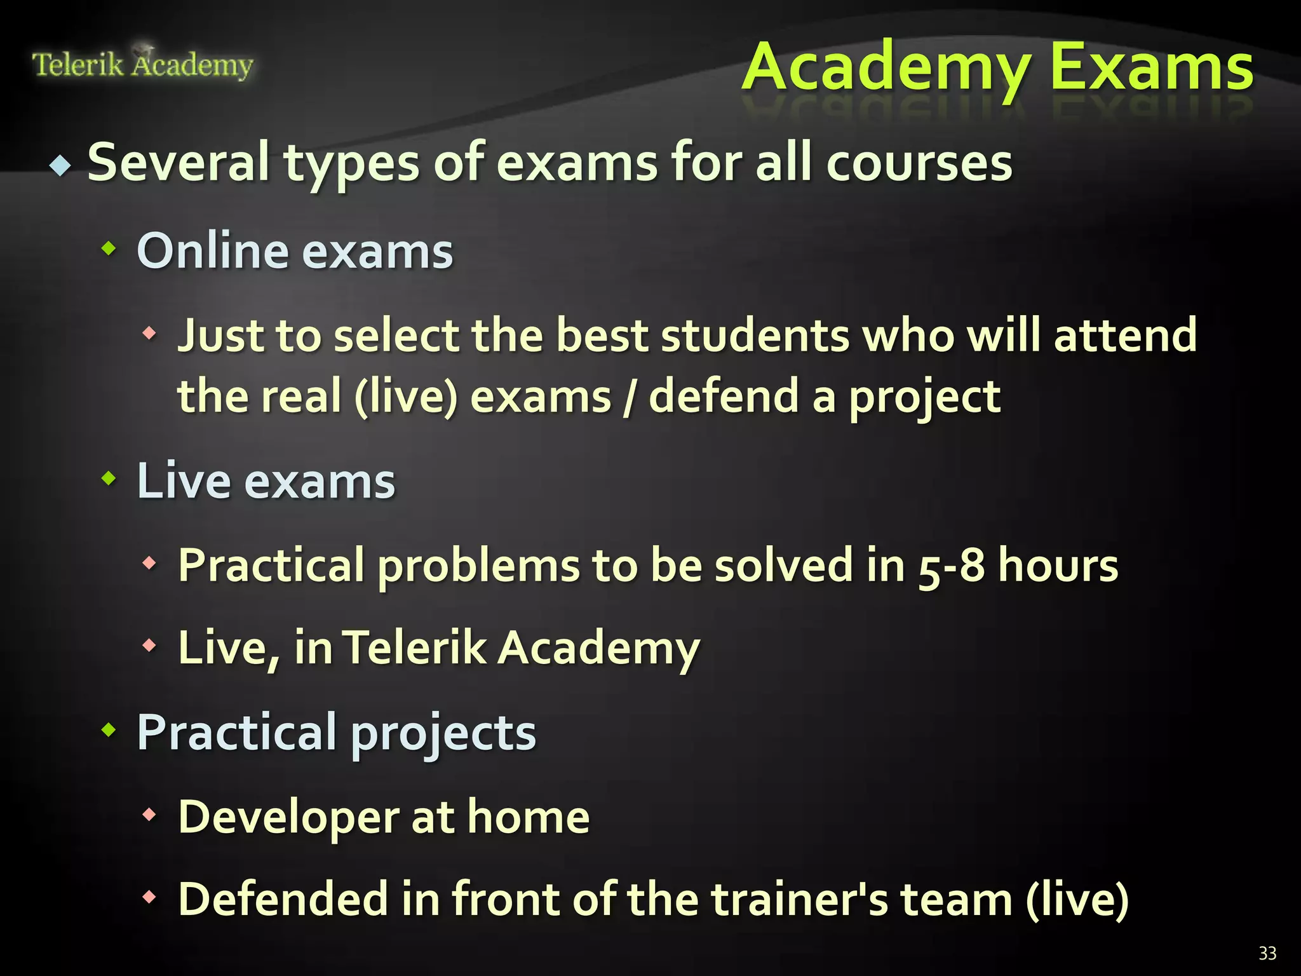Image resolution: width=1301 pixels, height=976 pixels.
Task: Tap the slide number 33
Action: coord(1267,953)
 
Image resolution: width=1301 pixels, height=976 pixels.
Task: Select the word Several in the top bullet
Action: coord(179,163)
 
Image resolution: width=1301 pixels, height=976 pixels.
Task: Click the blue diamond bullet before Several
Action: coord(61,166)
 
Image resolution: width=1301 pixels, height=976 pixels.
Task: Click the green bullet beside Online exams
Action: coord(109,248)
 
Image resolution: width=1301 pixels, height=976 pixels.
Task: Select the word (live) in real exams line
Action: coord(406,396)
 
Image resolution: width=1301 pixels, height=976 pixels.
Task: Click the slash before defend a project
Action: coord(629,398)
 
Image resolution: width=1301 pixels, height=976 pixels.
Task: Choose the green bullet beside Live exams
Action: coord(109,478)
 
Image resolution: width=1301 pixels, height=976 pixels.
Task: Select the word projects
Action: coord(443,733)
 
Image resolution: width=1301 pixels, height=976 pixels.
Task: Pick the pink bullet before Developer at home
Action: coord(149,814)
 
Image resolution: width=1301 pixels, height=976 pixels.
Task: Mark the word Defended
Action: coord(283,899)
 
